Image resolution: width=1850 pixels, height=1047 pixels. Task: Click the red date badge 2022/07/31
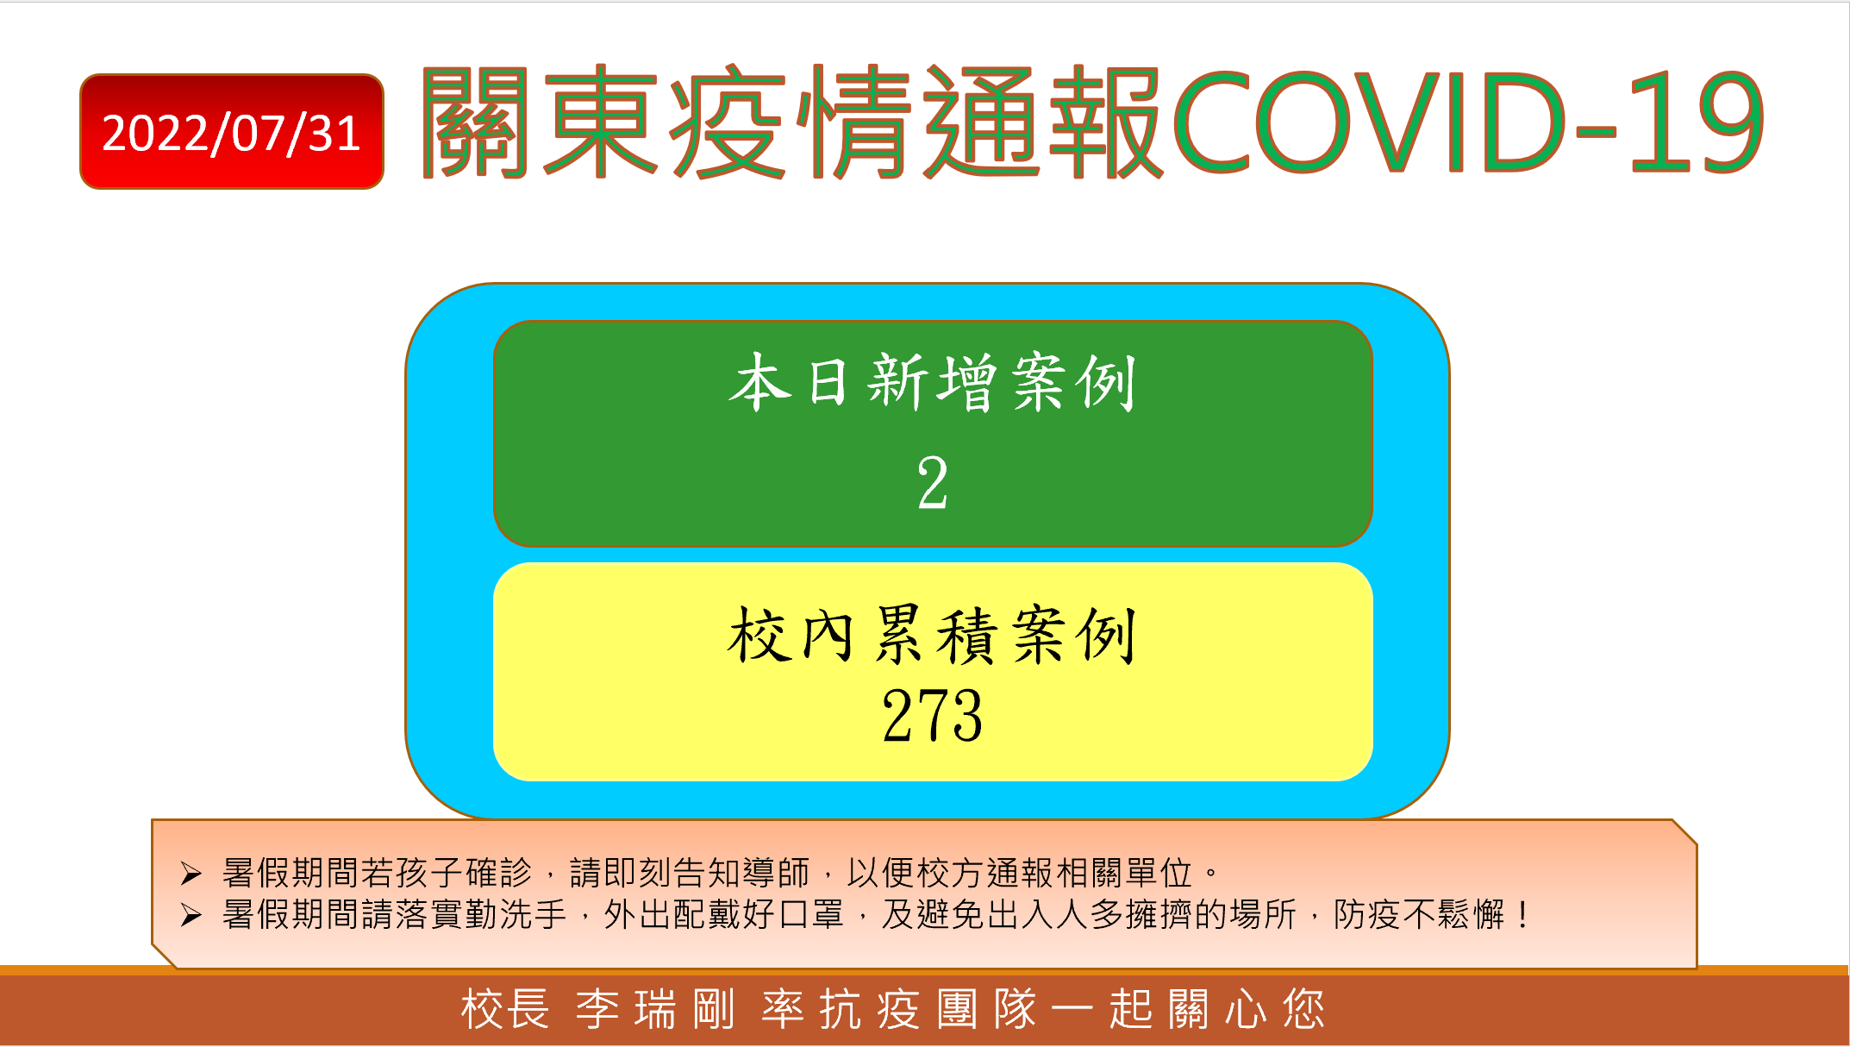231,131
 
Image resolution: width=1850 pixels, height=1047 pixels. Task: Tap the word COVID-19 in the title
1468,122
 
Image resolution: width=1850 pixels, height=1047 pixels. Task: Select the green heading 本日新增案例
933,382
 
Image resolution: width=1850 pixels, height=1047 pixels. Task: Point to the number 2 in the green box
933,483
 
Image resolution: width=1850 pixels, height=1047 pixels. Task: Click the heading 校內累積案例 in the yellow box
933,635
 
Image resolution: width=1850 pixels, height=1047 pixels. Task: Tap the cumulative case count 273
933,715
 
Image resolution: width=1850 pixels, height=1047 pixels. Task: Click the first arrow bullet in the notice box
191,874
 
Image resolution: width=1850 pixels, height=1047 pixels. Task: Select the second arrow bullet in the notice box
191,915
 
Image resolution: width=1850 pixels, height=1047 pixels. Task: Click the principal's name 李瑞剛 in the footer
655,1010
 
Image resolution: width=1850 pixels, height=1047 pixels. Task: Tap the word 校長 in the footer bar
505,1010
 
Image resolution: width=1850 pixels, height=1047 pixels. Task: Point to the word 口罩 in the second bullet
810,915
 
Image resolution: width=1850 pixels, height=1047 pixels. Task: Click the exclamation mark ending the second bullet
1523,915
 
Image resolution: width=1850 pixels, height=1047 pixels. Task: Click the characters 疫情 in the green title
791,122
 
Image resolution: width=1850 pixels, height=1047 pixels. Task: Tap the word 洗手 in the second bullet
534,915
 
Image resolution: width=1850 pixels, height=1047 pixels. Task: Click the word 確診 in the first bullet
498,873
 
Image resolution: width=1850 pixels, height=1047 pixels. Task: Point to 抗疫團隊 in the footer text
899,1010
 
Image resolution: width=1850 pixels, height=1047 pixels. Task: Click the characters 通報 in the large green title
1044,122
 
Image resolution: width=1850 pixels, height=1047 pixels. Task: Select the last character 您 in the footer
1303,1010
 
